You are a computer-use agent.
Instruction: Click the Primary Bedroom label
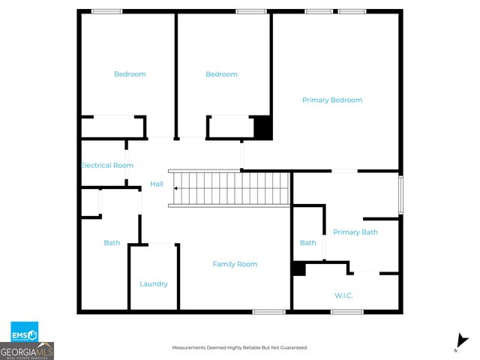332,100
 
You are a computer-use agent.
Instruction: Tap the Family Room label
235,264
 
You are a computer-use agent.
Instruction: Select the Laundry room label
154,284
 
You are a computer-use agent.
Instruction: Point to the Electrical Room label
106,165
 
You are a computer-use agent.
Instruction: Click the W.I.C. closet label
343,295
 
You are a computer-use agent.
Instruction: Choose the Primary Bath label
355,232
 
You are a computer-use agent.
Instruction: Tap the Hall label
157,184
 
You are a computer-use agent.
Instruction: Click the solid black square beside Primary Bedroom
262,127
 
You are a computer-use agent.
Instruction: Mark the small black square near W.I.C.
298,268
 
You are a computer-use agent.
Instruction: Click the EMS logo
24,331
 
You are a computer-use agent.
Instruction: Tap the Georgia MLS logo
27,351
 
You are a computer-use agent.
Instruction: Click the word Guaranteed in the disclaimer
291,348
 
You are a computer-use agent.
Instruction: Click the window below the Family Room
268,312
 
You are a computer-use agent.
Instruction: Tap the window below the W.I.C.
347,312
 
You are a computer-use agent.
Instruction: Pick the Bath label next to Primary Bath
308,243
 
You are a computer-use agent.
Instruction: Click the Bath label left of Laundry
112,243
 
